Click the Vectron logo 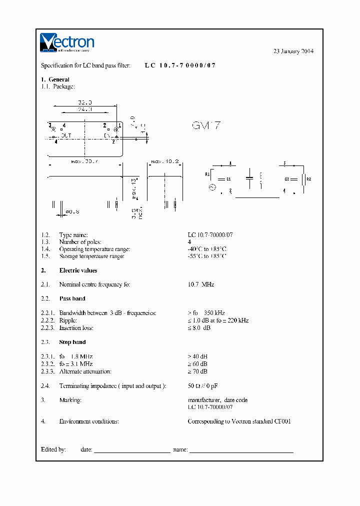click(66, 42)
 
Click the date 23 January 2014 click(293, 51)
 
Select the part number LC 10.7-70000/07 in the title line click(180, 65)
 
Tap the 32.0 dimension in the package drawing click(85, 102)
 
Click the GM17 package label click(206, 125)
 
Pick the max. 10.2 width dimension click(165, 161)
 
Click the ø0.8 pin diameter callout click(72, 211)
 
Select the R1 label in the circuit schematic click(208, 174)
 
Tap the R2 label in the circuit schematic click(308, 178)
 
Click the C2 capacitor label click(287, 178)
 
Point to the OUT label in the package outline click(65, 135)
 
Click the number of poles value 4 click(189, 242)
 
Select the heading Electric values click(78, 270)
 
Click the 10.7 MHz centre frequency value click(200, 284)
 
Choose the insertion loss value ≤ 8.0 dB click(198, 328)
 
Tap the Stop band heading click(72, 342)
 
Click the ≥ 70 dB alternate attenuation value click(197, 371)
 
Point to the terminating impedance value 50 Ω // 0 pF click(202, 386)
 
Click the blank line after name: click(241, 449)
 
